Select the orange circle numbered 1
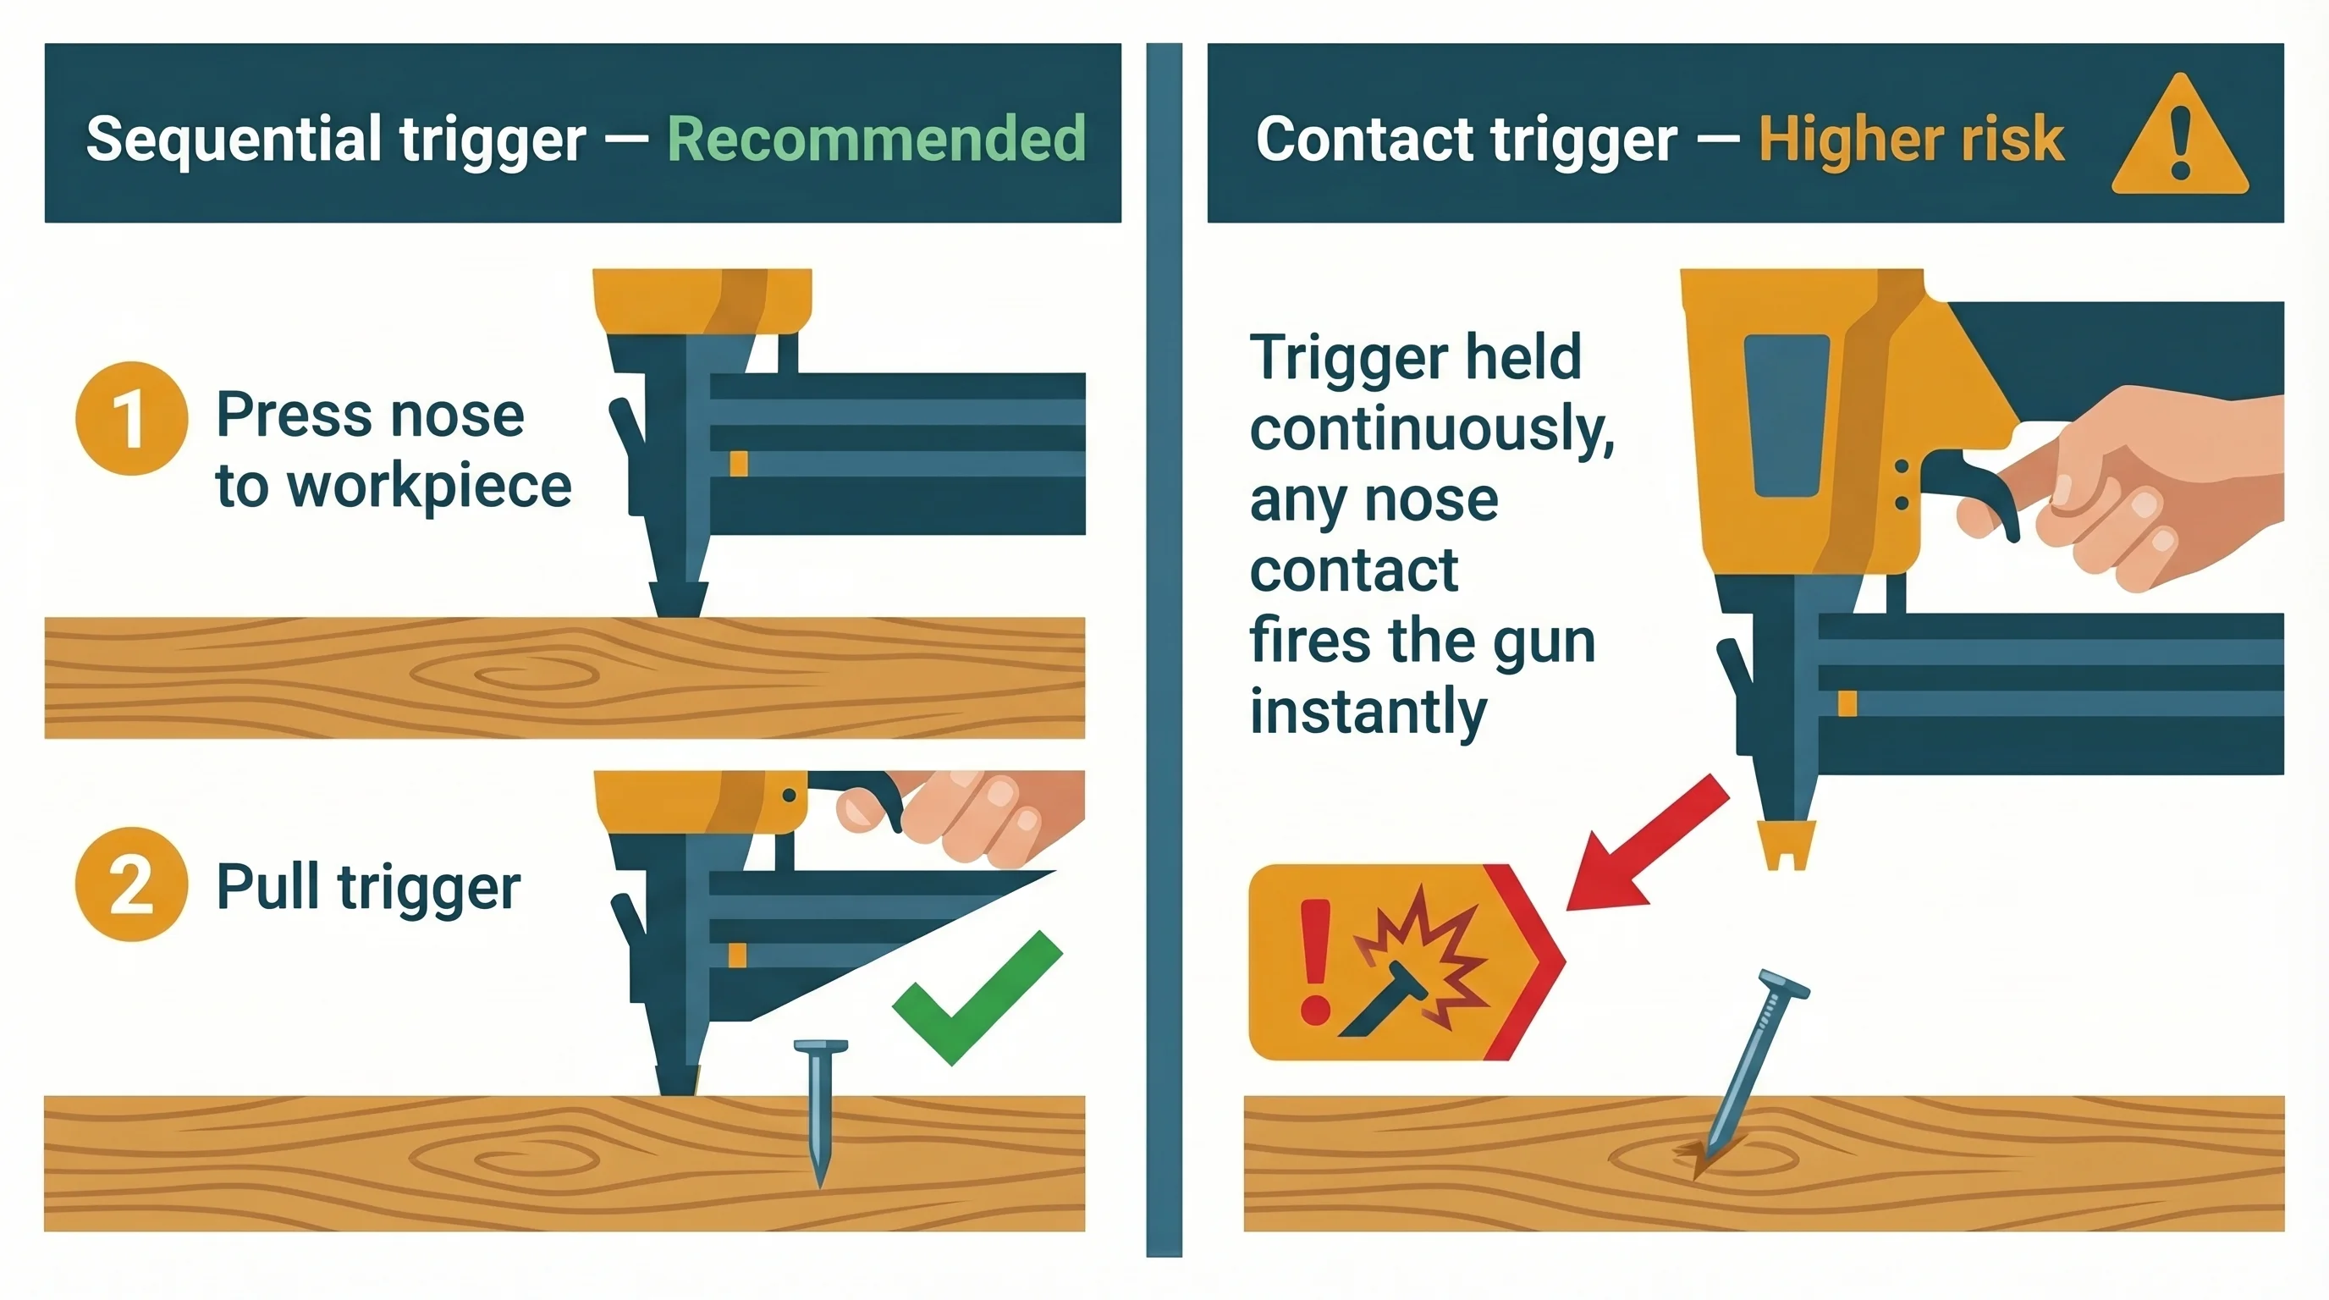[132, 419]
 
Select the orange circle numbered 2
[132, 884]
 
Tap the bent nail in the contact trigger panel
[1754, 1066]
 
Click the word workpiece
[428, 487]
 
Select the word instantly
[1368, 712]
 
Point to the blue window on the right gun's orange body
[1787, 415]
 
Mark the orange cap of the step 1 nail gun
[702, 301]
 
